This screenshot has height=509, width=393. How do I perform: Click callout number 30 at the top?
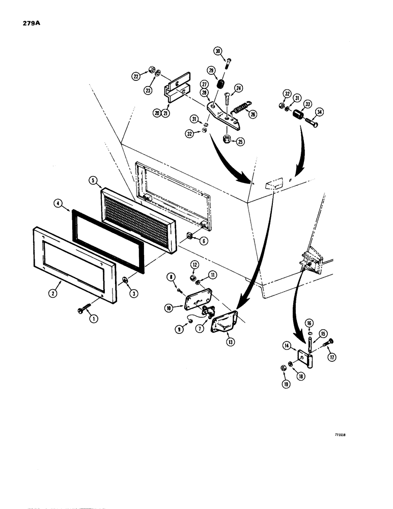tap(217, 51)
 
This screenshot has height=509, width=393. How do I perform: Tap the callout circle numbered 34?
tap(319, 112)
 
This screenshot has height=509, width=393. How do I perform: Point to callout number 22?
tap(136, 76)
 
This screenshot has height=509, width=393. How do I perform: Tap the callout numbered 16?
tap(309, 323)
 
